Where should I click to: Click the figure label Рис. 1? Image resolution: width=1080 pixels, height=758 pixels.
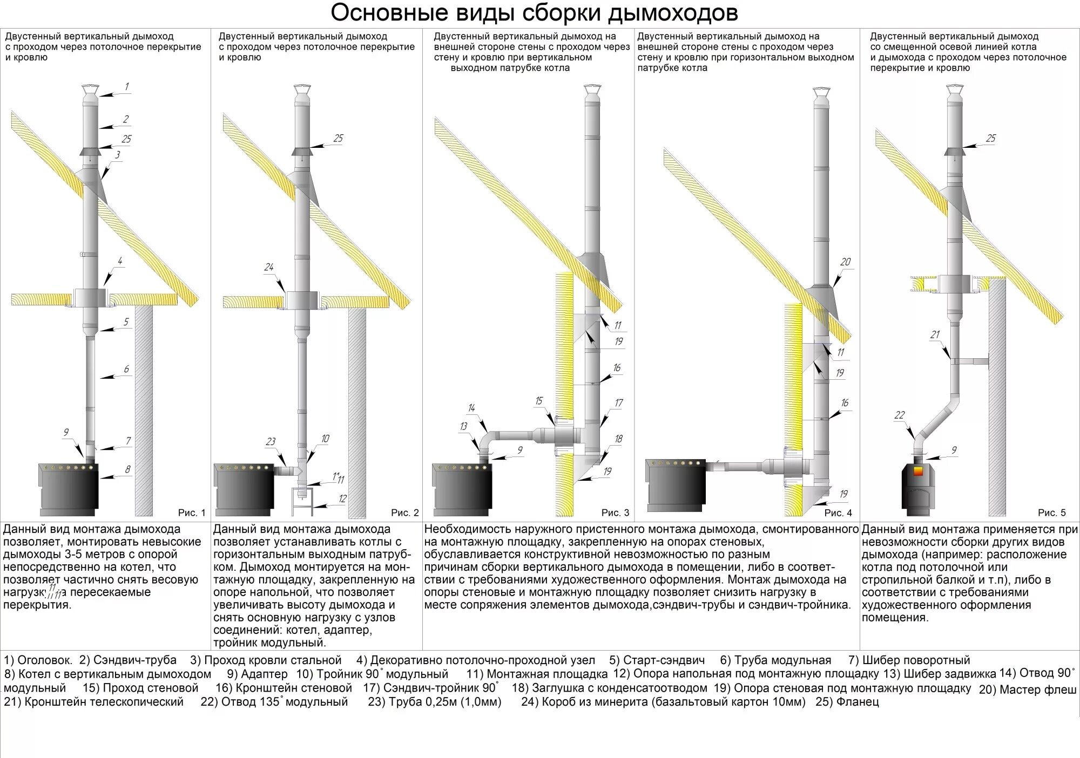click(192, 513)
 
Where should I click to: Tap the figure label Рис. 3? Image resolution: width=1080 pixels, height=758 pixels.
click(615, 513)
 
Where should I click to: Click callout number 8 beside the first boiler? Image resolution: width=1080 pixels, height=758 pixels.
click(127, 469)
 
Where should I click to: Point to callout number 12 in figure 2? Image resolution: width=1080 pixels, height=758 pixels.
click(342, 499)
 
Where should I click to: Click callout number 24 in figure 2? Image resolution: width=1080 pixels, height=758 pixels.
click(269, 267)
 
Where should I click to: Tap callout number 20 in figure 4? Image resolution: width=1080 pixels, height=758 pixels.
click(845, 262)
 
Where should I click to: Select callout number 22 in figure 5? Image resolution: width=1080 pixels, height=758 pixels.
click(899, 415)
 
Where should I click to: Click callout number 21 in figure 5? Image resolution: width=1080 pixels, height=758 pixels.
click(935, 335)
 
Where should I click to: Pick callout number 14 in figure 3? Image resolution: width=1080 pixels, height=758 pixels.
click(471, 408)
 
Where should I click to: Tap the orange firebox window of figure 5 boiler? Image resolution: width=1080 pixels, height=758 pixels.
click(918, 471)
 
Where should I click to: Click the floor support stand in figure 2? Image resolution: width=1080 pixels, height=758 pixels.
click(303, 499)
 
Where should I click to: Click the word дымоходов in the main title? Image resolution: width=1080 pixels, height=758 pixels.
click(672, 13)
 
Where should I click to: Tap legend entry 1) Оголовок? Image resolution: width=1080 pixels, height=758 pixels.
click(38, 660)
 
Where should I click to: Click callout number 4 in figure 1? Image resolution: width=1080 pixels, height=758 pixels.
click(120, 261)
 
